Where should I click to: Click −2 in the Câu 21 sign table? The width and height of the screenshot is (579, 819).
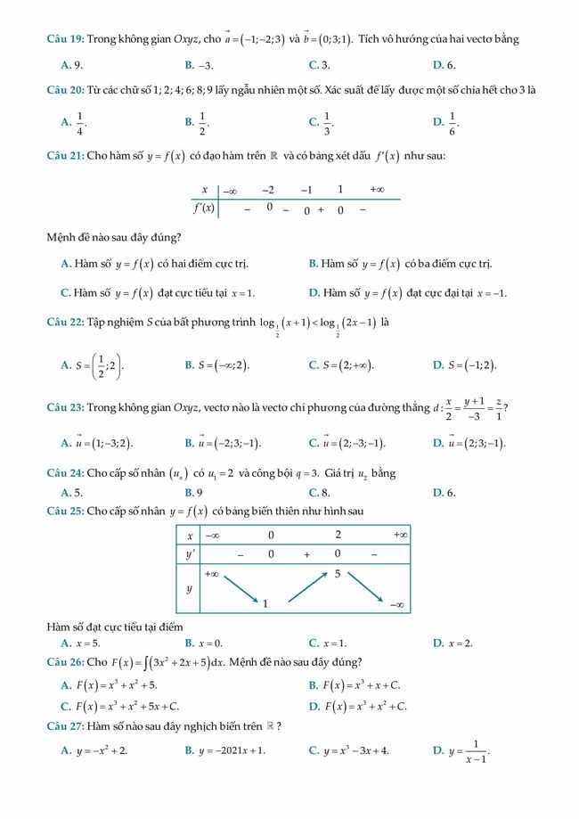[268, 190]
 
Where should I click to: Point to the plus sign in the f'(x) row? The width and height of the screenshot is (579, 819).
[321, 210]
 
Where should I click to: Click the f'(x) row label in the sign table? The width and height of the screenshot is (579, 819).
[204, 209]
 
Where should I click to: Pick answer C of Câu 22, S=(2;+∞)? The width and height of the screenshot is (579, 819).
[341, 365]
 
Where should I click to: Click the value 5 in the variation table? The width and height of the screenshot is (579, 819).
[338, 574]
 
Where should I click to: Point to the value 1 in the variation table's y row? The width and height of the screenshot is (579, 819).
[265, 603]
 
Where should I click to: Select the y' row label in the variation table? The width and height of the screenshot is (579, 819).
[189, 554]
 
